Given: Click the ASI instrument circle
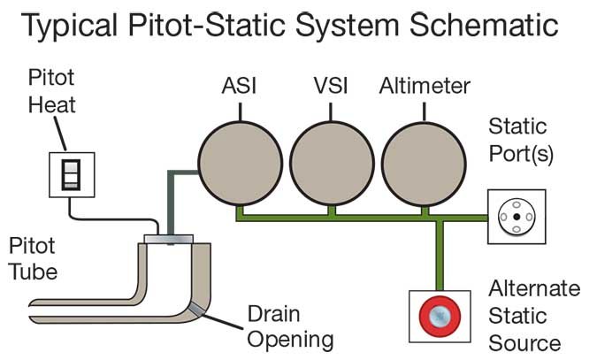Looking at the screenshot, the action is [241, 164].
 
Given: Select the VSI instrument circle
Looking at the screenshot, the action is [332, 164].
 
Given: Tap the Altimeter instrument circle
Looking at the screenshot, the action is [424, 164].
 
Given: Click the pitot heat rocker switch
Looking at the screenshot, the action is [72, 175].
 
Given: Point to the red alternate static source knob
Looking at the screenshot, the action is [440, 316].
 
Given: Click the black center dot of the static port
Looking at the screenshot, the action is [517, 217].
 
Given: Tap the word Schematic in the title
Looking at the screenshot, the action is [484, 25].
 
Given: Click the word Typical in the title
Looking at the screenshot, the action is [69, 26].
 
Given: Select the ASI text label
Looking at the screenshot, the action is [239, 86].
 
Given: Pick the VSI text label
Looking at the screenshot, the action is [331, 86].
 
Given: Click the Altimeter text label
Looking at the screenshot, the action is [425, 86].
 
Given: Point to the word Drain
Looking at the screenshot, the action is [274, 314].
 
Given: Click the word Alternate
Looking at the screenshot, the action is [534, 288].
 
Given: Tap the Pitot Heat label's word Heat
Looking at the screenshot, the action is [52, 104].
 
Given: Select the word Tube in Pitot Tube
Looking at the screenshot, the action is [33, 272].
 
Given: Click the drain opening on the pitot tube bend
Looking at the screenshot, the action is [196, 309].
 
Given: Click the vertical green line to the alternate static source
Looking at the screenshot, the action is [440, 256].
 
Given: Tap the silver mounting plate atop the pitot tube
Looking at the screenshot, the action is [169, 239].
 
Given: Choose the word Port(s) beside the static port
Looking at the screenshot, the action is [520, 154].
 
